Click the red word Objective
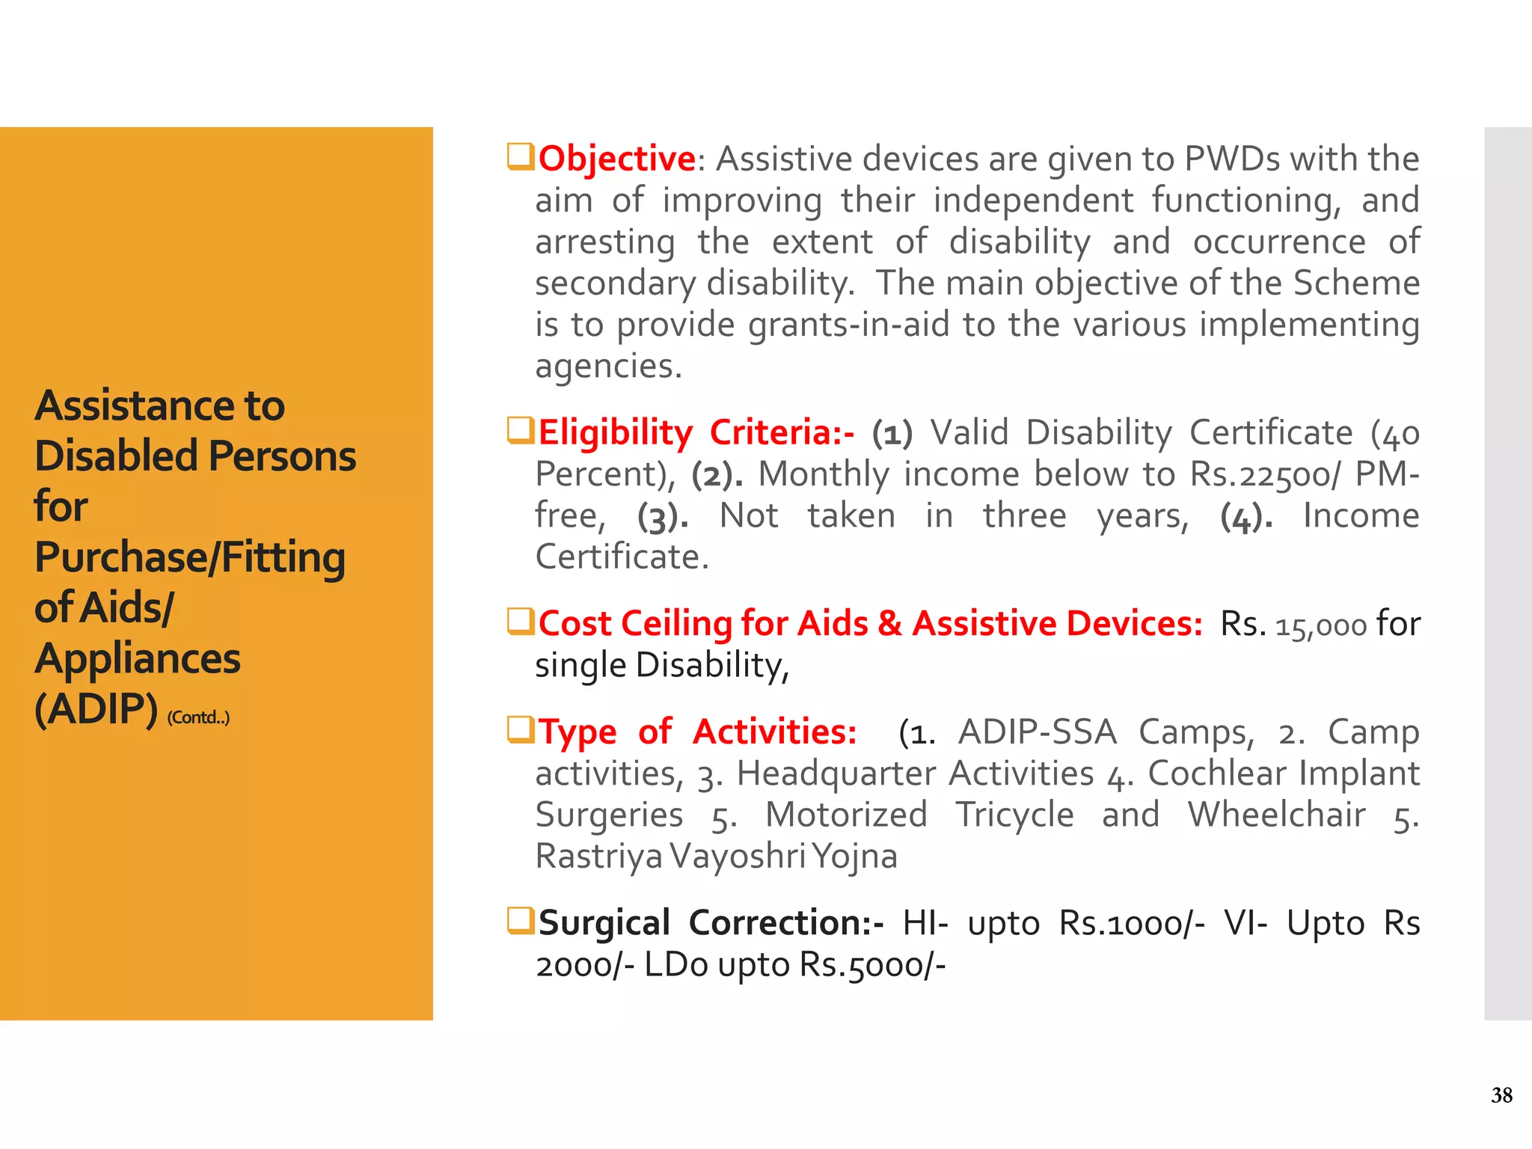click(x=617, y=159)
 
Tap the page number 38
click(x=1501, y=1095)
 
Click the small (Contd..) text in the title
click(x=198, y=717)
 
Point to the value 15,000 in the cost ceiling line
click(x=1320, y=625)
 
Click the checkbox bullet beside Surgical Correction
click(x=521, y=921)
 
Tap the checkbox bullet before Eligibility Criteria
click(x=521, y=430)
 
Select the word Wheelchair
click(x=1276, y=815)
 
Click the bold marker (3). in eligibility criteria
click(x=663, y=517)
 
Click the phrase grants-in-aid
click(x=849, y=325)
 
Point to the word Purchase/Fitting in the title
click(x=190, y=558)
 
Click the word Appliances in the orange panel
click(x=138, y=659)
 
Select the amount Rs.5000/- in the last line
click(x=872, y=965)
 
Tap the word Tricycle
click(x=1014, y=815)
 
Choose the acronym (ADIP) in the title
click(x=96, y=709)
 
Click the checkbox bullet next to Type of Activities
click(x=521, y=729)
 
